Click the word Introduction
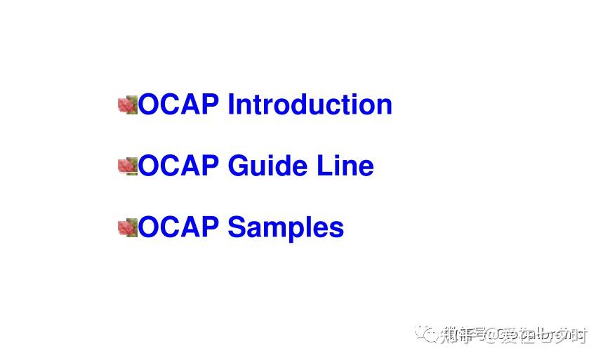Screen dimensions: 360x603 pyautogui.click(x=310, y=105)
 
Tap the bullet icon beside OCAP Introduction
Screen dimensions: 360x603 pyautogui.click(x=127, y=105)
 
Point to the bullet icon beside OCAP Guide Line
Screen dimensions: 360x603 pyautogui.click(x=127, y=166)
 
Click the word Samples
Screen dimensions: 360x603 pyautogui.click(x=286, y=227)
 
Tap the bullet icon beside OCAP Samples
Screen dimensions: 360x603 pyautogui.click(x=127, y=227)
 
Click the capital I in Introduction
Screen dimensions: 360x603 pyautogui.click(x=232, y=105)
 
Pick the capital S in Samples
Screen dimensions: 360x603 pyautogui.click(x=237, y=227)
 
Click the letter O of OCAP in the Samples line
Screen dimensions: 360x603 pyautogui.click(x=149, y=227)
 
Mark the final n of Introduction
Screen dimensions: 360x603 pyautogui.click(x=384, y=106)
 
